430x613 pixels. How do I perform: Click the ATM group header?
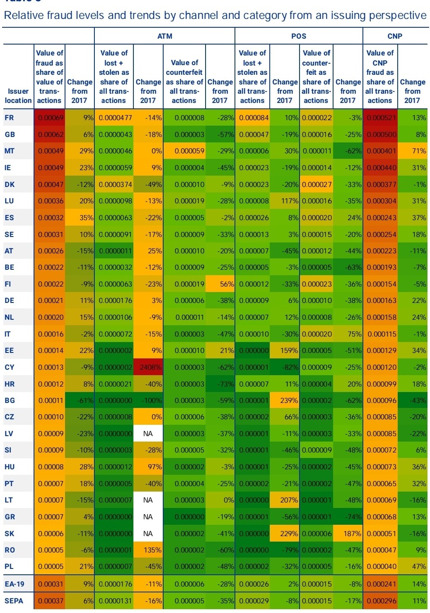click(x=164, y=36)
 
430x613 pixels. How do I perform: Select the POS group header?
click(x=299, y=36)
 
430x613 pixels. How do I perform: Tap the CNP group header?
click(x=395, y=36)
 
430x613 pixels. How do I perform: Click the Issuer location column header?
click(x=18, y=96)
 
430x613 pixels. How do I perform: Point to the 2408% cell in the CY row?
click(x=148, y=367)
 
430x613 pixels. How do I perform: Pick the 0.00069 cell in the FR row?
click(x=50, y=118)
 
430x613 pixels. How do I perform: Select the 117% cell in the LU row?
click(x=284, y=201)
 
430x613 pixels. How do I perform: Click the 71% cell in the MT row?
click(x=412, y=151)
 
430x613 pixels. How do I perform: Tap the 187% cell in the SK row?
click(x=348, y=534)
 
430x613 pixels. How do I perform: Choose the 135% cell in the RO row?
click(x=148, y=550)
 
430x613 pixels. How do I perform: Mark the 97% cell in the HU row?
click(x=148, y=467)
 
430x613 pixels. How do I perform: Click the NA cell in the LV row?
click(x=148, y=434)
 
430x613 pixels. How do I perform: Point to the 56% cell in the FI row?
click(x=220, y=284)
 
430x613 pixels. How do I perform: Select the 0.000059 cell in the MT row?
click(x=184, y=151)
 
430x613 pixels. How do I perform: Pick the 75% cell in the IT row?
click(x=348, y=334)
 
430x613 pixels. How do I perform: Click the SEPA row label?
click(x=14, y=601)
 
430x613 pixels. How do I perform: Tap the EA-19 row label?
click(x=15, y=584)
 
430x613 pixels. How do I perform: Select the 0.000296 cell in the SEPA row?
click(x=380, y=601)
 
